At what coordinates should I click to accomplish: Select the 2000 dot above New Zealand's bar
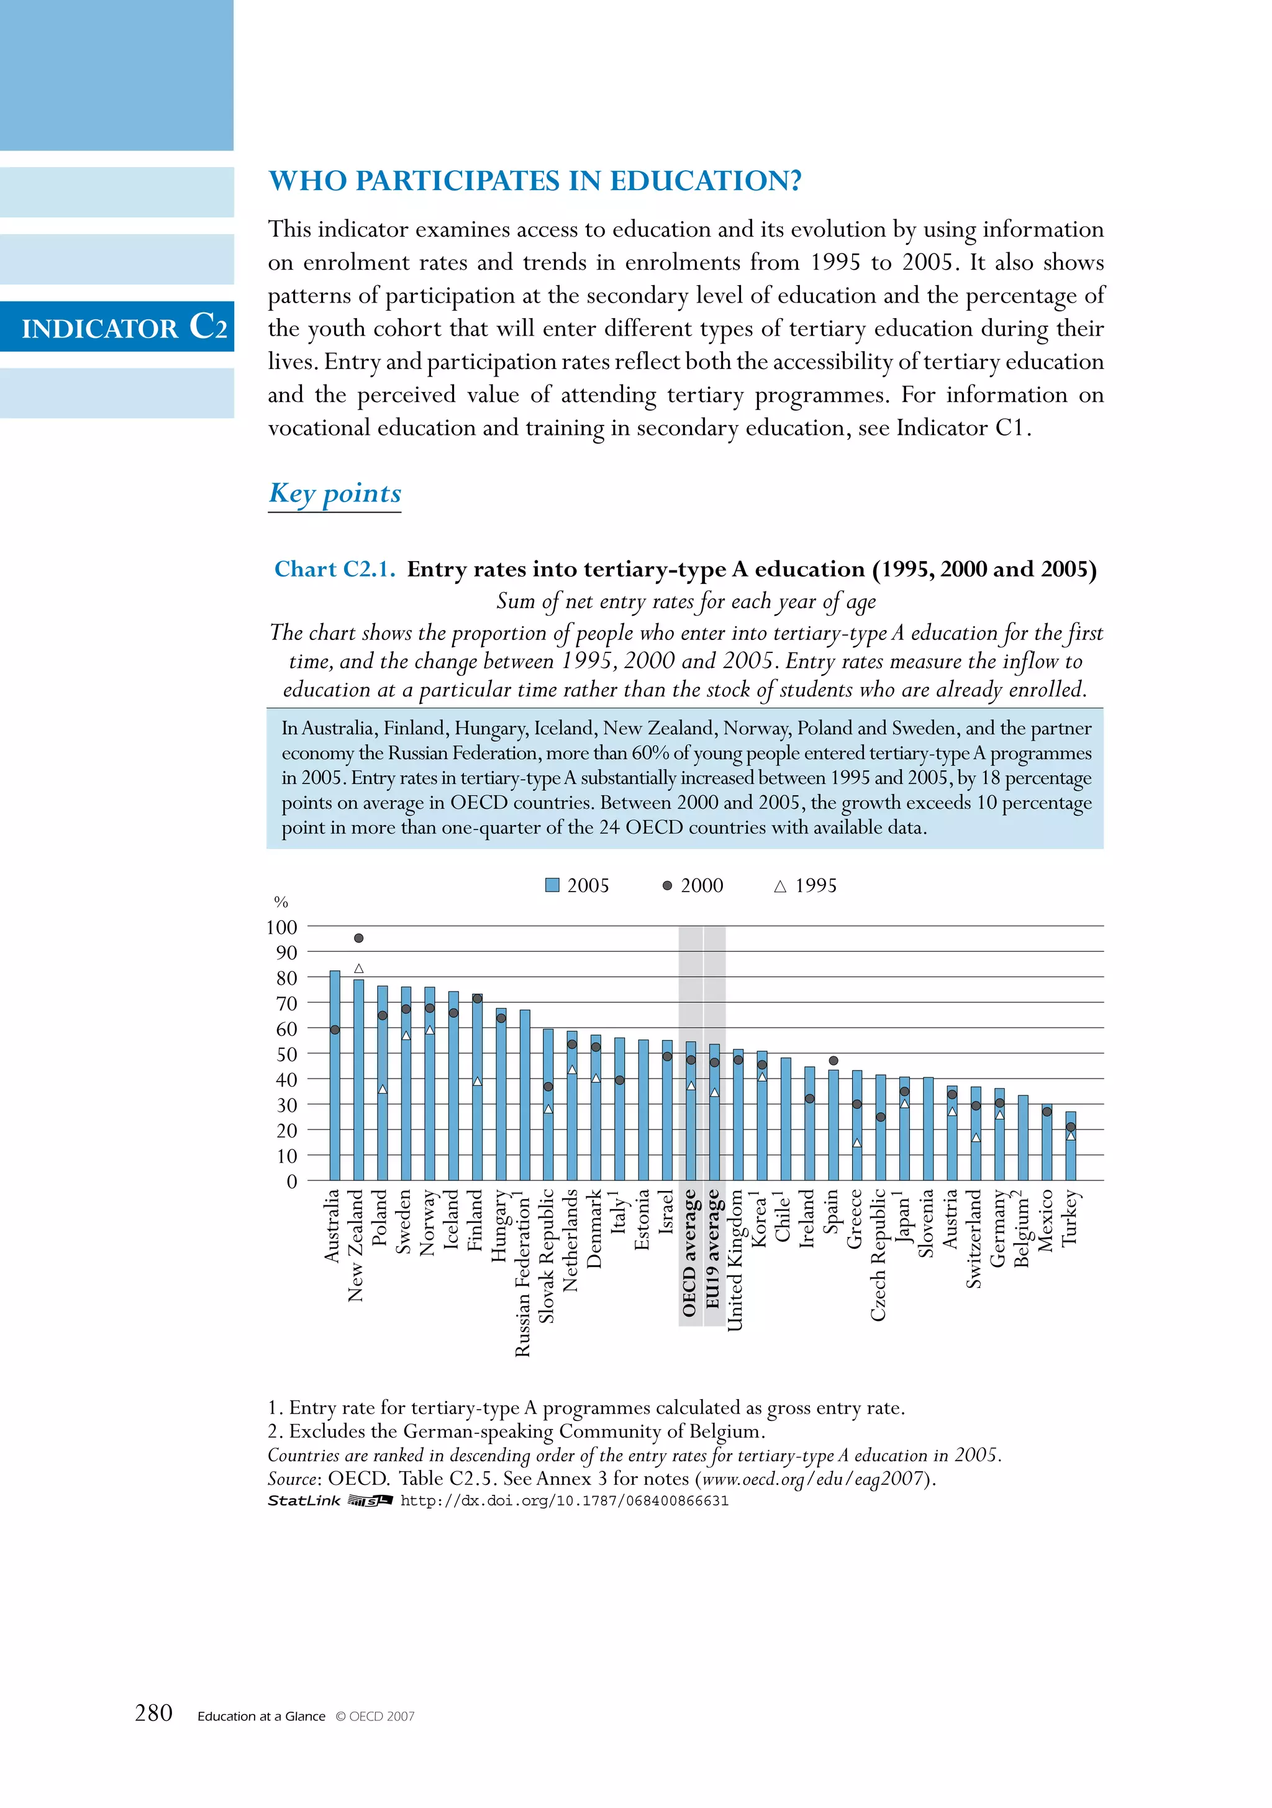pyautogui.click(x=359, y=938)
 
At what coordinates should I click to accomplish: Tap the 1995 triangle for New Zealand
pyautogui.click(x=359, y=969)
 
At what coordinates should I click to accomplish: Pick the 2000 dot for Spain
pyautogui.click(x=834, y=1061)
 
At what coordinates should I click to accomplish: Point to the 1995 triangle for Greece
pyautogui.click(x=857, y=1143)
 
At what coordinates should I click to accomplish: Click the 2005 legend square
pyautogui.click(x=553, y=886)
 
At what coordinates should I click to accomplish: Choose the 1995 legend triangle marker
pyautogui.click(x=780, y=887)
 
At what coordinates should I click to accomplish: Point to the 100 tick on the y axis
pyautogui.click(x=282, y=928)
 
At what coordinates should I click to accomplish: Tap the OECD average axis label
pyautogui.click(x=689, y=1252)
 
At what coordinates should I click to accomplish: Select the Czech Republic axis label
pyautogui.click(x=878, y=1254)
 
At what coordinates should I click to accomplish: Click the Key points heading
pyautogui.click(x=335, y=493)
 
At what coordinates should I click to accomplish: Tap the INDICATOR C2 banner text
pyautogui.click(x=124, y=327)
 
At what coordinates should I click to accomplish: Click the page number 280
pyautogui.click(x=153, y=1713)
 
